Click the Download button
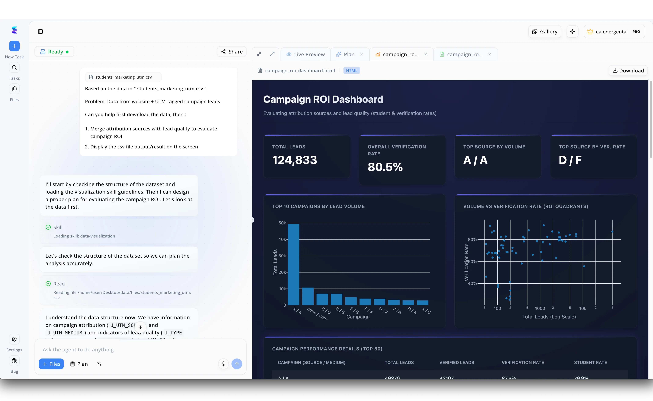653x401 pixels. [628, 70]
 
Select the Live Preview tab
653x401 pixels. [306, 54]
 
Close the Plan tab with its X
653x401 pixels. [361, 54]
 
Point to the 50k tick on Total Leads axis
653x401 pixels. [282, 223]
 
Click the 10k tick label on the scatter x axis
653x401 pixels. [582, 308]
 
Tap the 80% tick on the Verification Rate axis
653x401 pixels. [472, 240]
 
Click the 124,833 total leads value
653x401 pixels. [294, 160]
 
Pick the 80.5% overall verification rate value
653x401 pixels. [385, 167]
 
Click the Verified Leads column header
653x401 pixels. [457, 363]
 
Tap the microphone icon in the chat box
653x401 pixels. [223, 364]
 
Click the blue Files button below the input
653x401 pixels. [51, 364]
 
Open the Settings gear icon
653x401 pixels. [14, 339]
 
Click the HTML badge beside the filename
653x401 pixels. [351, 70]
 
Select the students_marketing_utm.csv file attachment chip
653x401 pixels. [123, 77]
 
